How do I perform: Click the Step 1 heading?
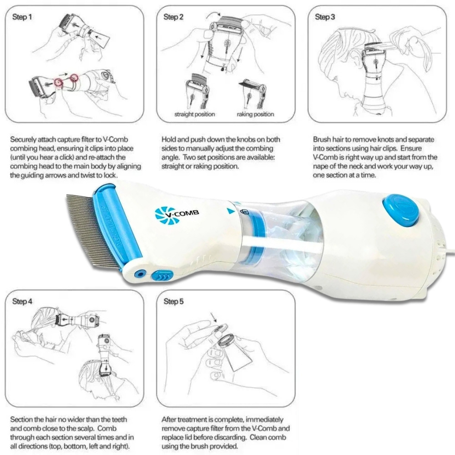[22, 17]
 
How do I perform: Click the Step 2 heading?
[173, 17]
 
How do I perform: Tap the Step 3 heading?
[325, 17]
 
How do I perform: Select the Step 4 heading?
[22, 302]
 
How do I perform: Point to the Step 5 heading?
[173, 302]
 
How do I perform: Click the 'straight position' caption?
[195, 114]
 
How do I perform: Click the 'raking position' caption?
[255, 114]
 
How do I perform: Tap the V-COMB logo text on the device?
[182, 214]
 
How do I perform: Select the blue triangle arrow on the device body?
[231, 211]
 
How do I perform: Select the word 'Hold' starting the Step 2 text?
[168, 140]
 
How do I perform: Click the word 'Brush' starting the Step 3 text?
[322, 140]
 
